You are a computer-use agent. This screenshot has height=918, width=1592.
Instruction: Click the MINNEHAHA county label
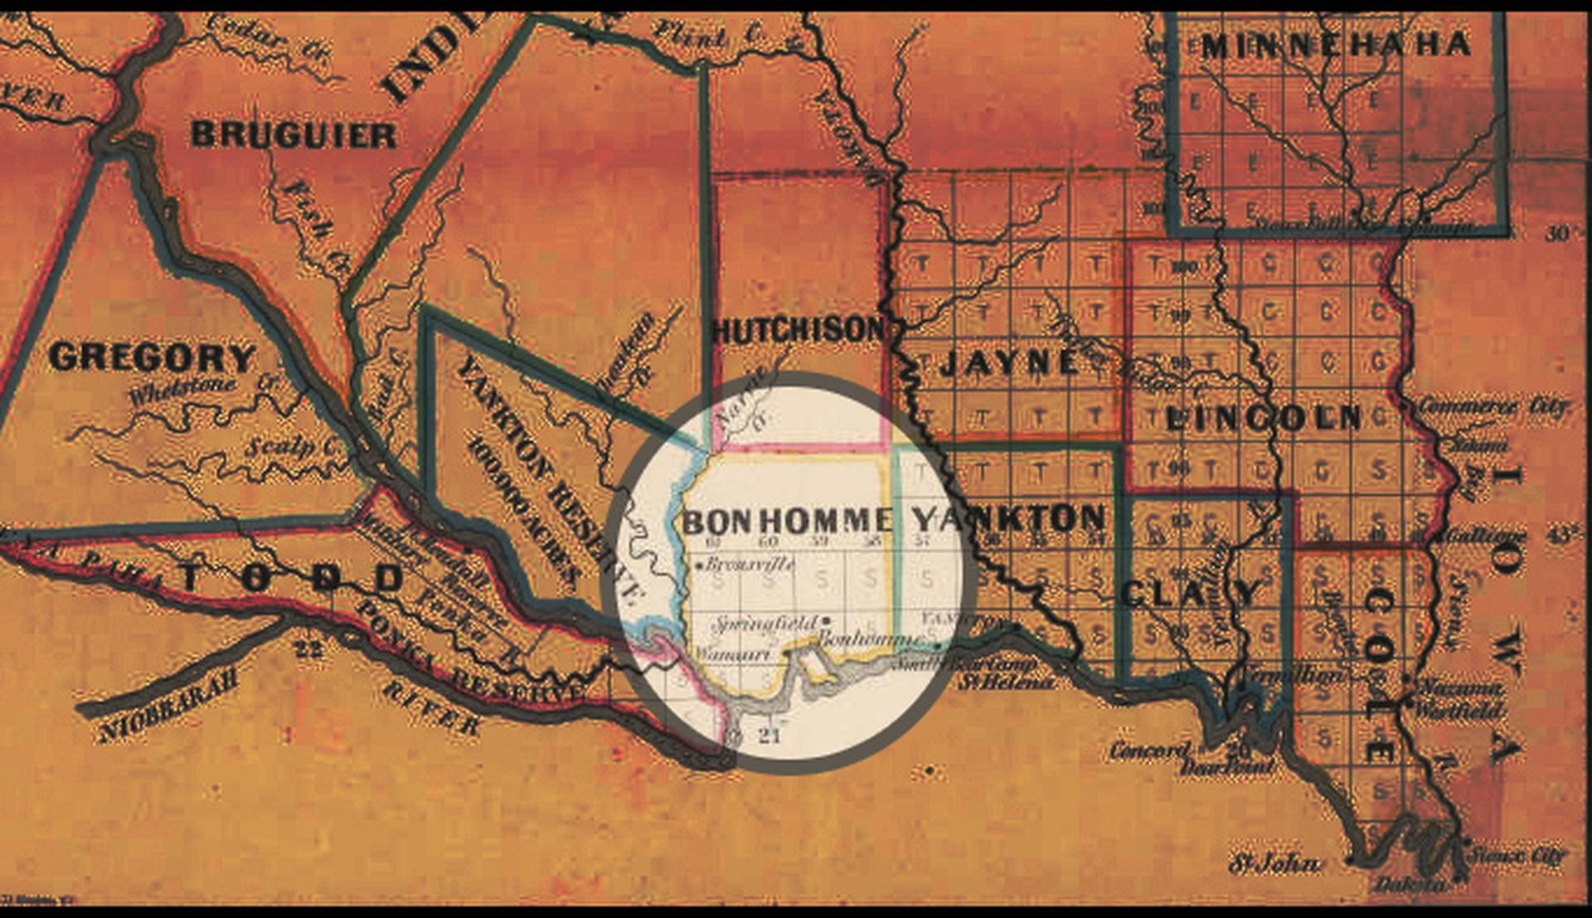point(1336,46)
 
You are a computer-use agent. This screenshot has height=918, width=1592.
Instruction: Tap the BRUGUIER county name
point(294,135)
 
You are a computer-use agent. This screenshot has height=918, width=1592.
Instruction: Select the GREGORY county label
point(153,358)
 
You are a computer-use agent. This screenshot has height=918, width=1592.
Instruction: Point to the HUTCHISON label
point(799,331)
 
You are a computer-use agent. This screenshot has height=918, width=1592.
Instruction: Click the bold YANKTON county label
point(1009,519)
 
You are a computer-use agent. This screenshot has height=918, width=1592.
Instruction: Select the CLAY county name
point(1190,593)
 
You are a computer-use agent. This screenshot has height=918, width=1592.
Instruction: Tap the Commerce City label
point(1492,407)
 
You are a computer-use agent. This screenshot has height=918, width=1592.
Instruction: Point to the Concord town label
point(1148,751)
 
